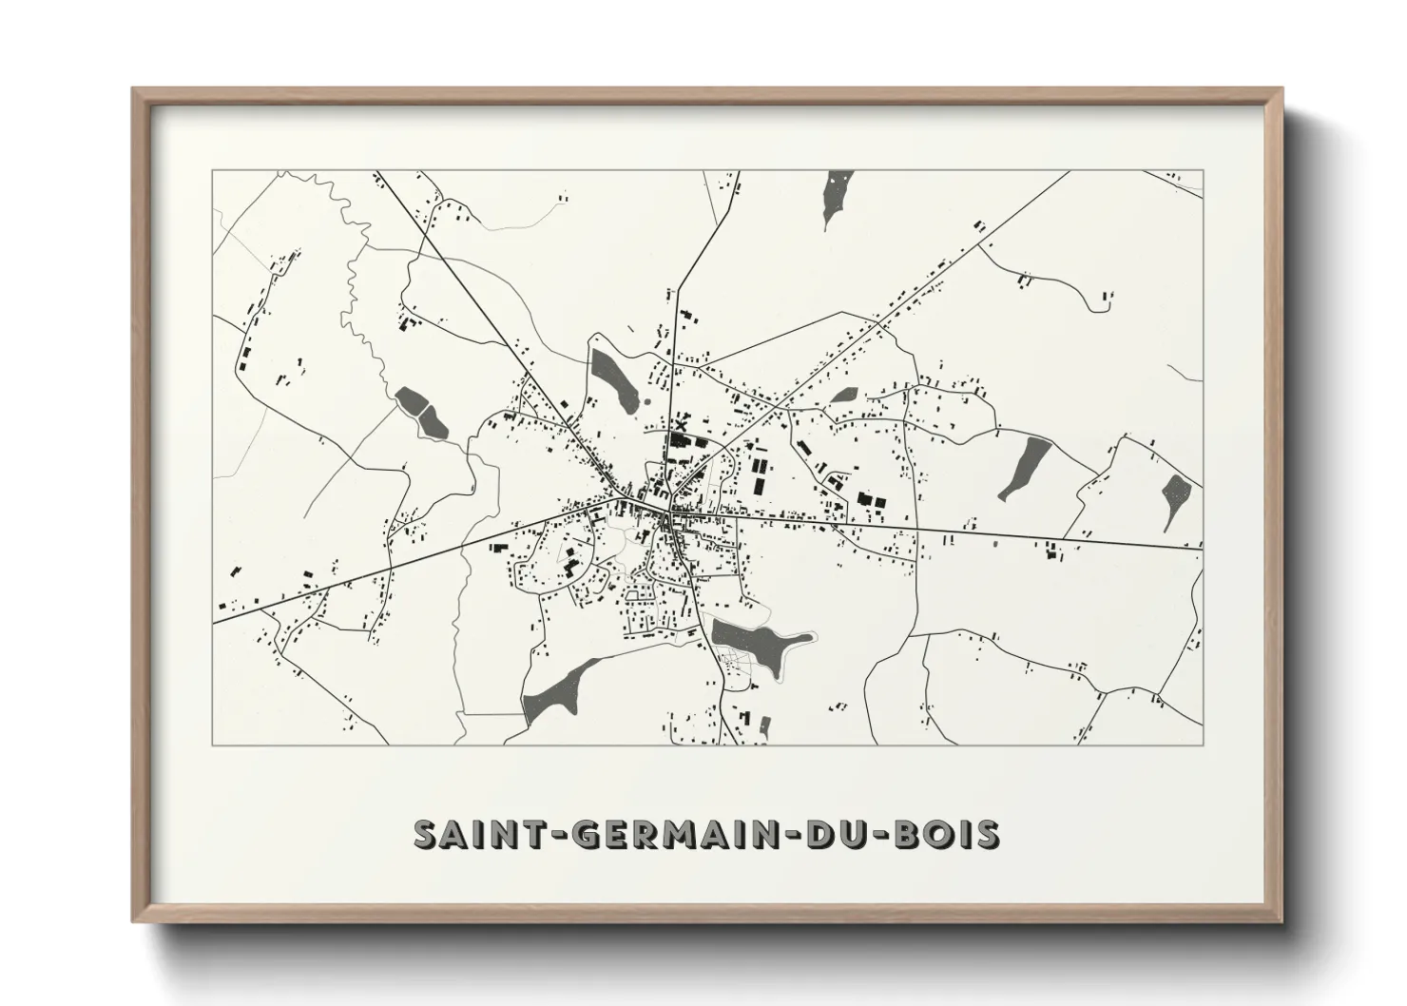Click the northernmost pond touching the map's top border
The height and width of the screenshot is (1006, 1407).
click(838, 194)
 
